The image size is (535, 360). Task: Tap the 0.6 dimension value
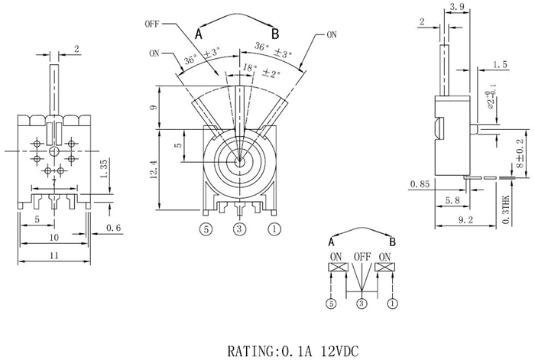(113, 228)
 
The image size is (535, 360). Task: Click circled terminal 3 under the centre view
(239, 228)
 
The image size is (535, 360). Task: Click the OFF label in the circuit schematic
(362, 256)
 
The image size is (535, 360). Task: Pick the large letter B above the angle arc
(275, 33)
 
